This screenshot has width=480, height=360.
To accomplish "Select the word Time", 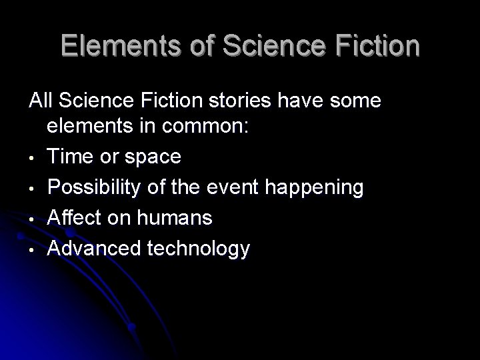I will [70, 157].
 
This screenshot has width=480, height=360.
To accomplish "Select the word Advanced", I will [89, 249].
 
